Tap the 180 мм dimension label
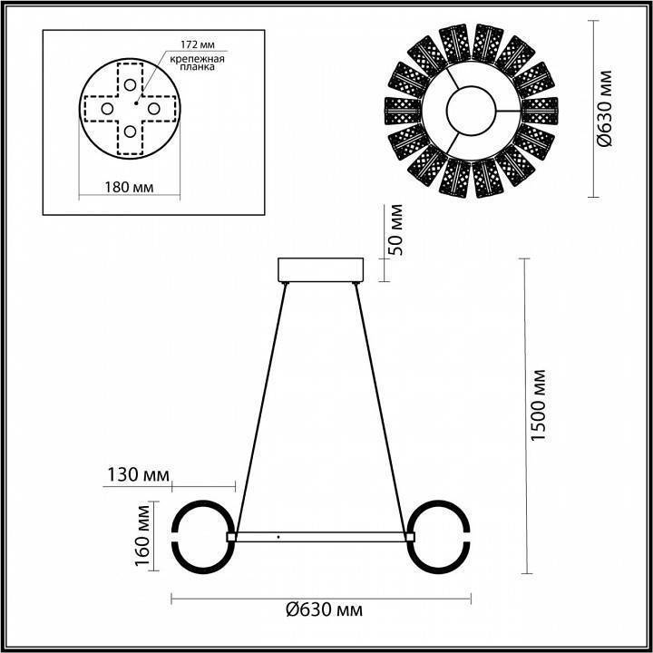[129, 188]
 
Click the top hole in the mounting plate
[131, 85]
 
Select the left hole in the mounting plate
[107, 109]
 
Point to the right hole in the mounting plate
[154, 109]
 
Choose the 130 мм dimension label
[137, 474]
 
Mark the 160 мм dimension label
[141, 538]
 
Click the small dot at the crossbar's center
[278, 538]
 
